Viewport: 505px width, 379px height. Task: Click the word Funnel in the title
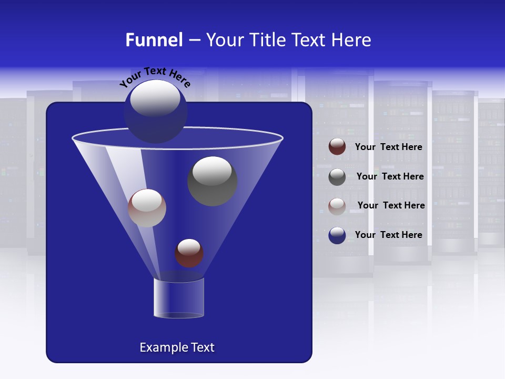coord(154,40)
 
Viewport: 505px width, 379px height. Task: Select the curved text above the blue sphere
coord(155,77)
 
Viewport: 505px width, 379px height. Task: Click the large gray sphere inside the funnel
coord(213,182)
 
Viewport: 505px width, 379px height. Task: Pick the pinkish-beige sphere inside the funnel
coord(147,208)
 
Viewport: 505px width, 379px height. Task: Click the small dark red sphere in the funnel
coord(189,253)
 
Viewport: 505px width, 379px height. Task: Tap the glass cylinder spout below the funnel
coord(179,298)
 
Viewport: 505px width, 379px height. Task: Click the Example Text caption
coord(177,347)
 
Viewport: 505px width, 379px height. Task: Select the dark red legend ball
coord(337,147)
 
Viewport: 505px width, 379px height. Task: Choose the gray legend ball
coord(337,177)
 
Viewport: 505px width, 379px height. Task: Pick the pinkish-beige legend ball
coord(337,206)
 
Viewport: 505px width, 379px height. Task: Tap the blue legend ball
coord(337,235)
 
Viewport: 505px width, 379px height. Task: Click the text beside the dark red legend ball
coord(388,147)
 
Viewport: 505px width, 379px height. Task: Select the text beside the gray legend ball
coord(390,177)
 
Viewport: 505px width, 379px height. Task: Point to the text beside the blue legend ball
coord(388,235)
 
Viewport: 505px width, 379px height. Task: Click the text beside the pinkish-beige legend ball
coord(391,206)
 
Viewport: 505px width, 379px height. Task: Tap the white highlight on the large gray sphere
coord(213,171)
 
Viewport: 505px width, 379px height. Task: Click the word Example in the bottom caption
coord(162,347)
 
